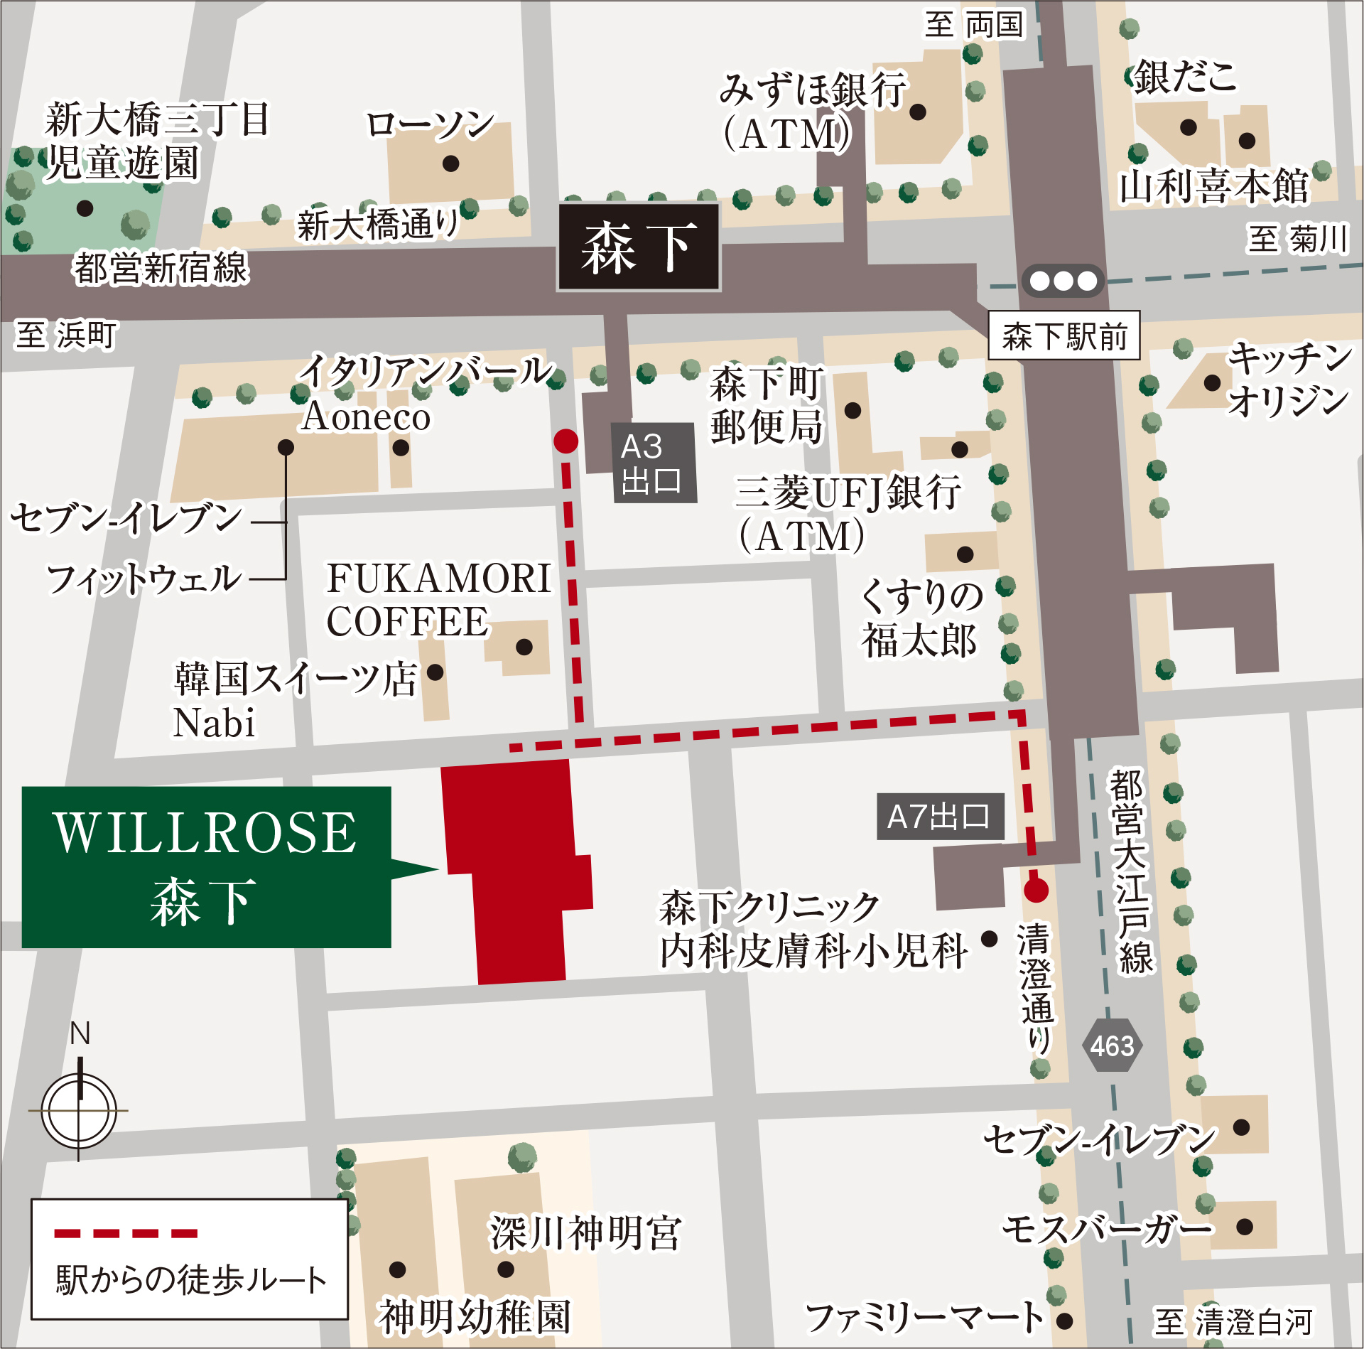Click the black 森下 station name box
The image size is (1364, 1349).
click(638, 247)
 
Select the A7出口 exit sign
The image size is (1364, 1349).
click(939, 817)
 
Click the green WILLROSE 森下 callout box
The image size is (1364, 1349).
click(206, 866)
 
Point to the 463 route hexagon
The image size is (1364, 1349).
click(1112, 1046)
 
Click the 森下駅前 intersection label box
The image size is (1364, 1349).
click(1063, 335)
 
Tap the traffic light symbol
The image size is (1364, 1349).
click(1063, 281)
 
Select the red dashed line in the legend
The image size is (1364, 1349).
click(126, 1233)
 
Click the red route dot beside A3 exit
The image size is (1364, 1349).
click(565, 441)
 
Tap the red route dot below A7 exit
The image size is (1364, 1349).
click(1036, 890)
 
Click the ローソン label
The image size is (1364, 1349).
click(429, 124)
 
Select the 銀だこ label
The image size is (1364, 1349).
click(1184, 77)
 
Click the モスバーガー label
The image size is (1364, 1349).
click(1107, 1229)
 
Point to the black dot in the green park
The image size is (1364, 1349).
click(85, 208)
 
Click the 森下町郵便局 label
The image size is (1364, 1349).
click(767, 404)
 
